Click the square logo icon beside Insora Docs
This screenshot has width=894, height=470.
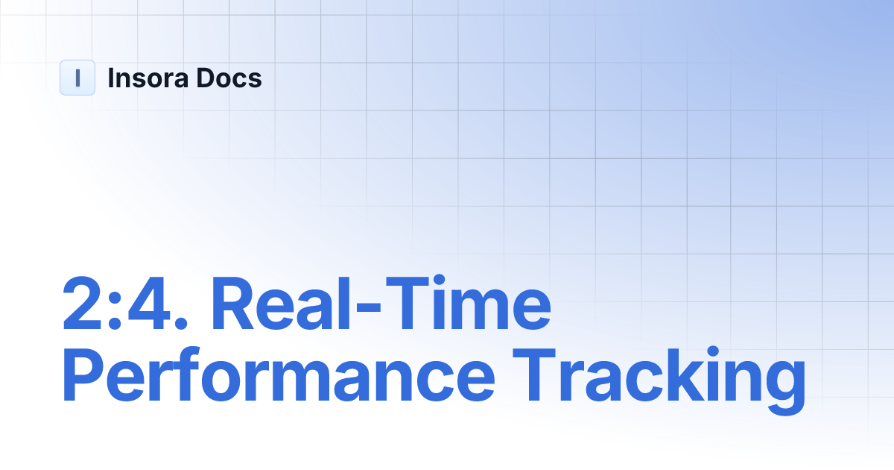tap(77, 78)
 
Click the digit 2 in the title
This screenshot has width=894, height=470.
tap(84, 305)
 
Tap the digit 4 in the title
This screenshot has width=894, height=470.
tap(152, 305)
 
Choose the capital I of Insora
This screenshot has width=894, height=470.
tap(111, 78)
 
